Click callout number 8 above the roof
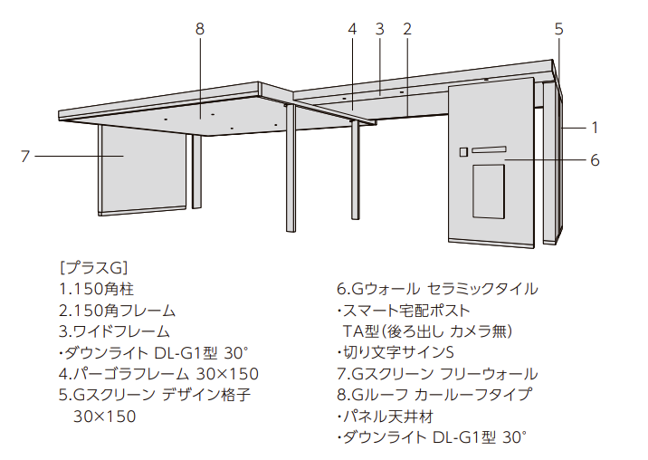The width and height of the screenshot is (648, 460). pyautogui.click(x=200, y=29)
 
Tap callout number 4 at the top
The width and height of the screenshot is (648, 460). pyautogui.click(x=352, y=29)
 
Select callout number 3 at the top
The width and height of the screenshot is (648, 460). pyautogui.click(x=380, y=29)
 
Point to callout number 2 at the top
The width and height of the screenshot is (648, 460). pyautogui.click(x=407, y=29)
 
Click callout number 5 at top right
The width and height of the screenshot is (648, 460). pyautogui.click(x=558, y=29)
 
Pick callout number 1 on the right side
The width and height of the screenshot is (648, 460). pyautogui.click(x=595, y=128)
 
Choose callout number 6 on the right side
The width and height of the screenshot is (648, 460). pyautogui.click(x=595, y=160)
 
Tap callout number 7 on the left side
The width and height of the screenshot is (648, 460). pyautogui.click(x=25, y=157)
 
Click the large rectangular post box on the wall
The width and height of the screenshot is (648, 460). pyautogui.click(x=489, y=192)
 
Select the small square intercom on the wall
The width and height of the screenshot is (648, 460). pyautogui.click(x=463, y=152)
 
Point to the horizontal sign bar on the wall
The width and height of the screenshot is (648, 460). pyautogui.click(x=490, y=149)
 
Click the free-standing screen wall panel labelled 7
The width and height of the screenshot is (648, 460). pyautogui.click(x=143, y=169)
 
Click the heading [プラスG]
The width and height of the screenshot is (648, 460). pyautogui.click(x=94, y=268)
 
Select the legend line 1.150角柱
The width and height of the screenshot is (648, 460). pyautogui.click(x=97, y=289)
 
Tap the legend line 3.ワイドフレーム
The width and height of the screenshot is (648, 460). pyautogui.click(x=114, y=331)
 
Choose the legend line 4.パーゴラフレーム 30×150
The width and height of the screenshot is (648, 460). pyautogui.click(x=158, y=374)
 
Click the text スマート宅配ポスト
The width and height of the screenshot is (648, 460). pyautogui.click(x=404, y=311)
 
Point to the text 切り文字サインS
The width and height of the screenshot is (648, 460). pyautogui.click(x=395, y=352)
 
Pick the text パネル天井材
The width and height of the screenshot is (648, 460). pyautogui.click(x=386, y=417)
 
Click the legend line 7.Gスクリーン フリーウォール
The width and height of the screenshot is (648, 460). pyautogui.click(x=437, y=374)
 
